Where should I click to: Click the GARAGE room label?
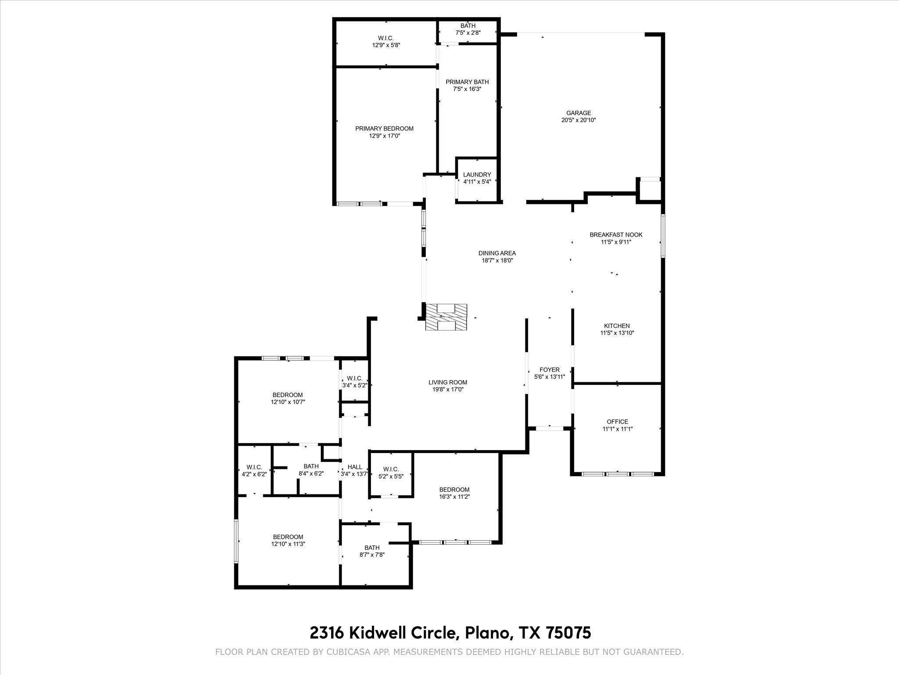click(578, 113)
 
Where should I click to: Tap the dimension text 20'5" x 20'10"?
click(578, 120)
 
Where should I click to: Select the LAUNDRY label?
click(477, 174)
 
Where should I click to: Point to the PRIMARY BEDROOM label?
click(384, 128)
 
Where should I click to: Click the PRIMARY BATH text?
click(467, 82)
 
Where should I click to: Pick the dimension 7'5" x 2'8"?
click(467, 33)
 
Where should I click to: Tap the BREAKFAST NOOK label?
click(616, 235)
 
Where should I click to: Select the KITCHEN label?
click(617, 326)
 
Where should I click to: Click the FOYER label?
click(549, 370)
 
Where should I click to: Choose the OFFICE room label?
click(617, 421)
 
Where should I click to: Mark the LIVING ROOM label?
click(448, 382)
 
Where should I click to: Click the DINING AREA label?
click(497, 253)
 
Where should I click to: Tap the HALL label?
click(355, 467)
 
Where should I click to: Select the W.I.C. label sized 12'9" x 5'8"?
click(386, 38)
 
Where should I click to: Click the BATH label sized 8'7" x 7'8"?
click(372, 548)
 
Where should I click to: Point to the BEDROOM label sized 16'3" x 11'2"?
click(454, 490)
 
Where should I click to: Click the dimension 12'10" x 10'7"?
click(288, 402)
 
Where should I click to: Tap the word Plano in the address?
click(487, 633)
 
